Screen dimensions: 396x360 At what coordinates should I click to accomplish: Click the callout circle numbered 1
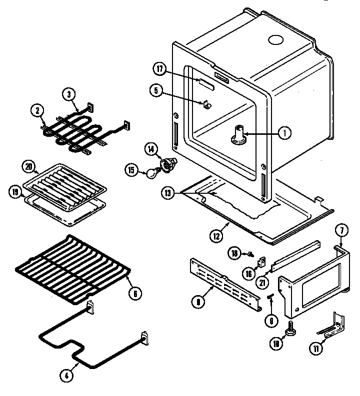[x=284, y=133]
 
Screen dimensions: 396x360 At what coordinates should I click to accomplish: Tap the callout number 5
[x=156, y=90]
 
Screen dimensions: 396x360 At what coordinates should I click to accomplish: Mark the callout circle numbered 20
[x=28, y=166]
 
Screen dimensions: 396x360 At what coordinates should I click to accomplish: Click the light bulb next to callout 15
[x=149, y=173]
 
